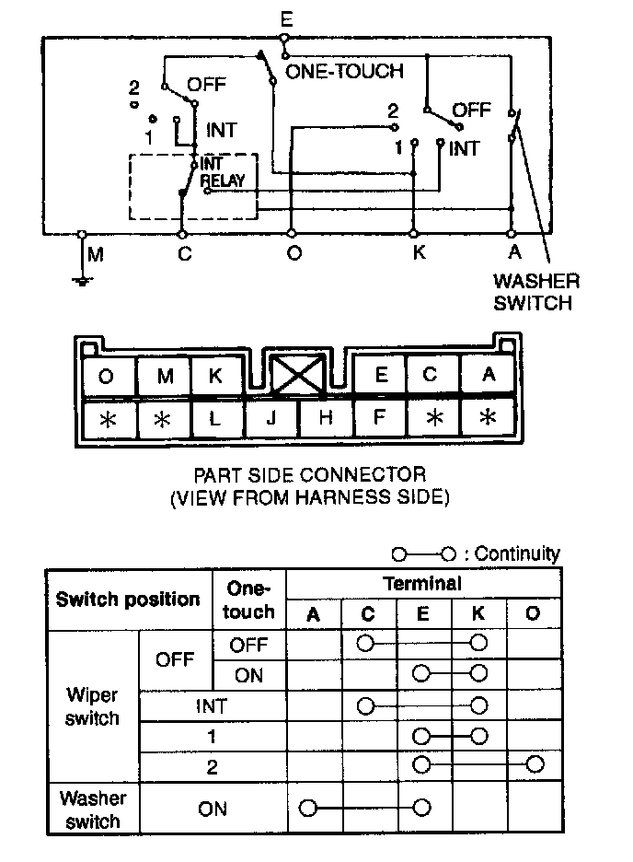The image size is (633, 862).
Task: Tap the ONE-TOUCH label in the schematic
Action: click(345, 71)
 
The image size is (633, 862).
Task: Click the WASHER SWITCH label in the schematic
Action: click(536, 292)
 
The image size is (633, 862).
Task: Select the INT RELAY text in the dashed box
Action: click(222, 173)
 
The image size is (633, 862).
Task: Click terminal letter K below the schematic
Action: click(419, 252)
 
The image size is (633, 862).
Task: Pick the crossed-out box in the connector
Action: click(297, 376)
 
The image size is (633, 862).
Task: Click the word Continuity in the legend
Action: click(518, 553)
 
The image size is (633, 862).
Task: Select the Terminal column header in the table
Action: click(422, 583)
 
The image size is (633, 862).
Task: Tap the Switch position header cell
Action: click(128, 600)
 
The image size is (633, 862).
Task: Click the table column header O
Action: click(534, 613)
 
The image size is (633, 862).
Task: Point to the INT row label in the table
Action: click(211, 706)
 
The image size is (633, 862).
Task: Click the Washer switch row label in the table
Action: click(92, 808)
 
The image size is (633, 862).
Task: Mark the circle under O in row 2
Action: click(535, 764)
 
